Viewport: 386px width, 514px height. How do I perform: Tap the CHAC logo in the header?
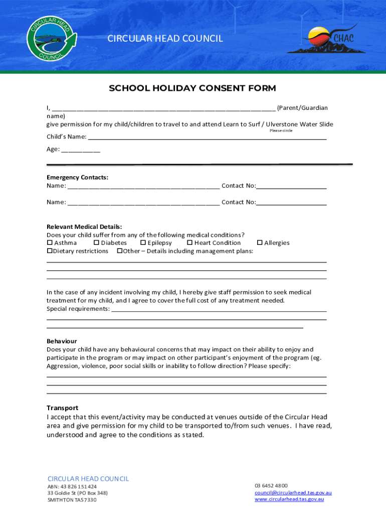click(322, 39)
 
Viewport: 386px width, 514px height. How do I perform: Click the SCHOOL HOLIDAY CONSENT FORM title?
click(192, 89)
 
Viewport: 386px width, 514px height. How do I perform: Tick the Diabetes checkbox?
click(96, 243)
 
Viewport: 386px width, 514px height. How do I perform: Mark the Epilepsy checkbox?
click(143, 243)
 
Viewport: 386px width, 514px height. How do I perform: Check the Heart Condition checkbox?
click(190, 243)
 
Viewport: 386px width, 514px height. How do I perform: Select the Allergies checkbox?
click(260, 243)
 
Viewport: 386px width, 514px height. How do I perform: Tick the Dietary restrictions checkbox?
click(50, 251)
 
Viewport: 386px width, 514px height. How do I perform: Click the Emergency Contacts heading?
click(77, 178)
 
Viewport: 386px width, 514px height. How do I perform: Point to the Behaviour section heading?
click(62, 341)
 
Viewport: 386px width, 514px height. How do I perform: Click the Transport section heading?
click(63, 408)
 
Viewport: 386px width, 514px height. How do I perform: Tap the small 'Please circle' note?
click(281, 131)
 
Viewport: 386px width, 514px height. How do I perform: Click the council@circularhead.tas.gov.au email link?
click(293, 493)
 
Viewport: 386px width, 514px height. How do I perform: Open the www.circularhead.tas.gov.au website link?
click(289, 499)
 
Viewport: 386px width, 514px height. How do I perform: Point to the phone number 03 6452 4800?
click(271, 486)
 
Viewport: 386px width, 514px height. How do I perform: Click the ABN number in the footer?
click(72, 486)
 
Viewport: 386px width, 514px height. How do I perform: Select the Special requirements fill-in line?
click(219, 309)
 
